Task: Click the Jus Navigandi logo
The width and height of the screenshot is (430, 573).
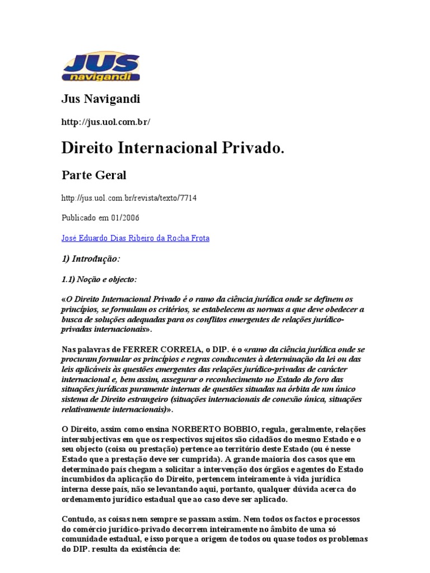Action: [x=101, y=67]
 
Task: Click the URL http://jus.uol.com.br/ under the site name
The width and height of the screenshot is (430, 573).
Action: [x=106, y=121]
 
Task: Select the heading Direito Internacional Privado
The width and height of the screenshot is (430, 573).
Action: [x=173, y=148]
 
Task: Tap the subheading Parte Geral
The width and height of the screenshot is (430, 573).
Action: [x=94, y=175]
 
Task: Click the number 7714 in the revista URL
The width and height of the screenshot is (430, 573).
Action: [x=188, y=198]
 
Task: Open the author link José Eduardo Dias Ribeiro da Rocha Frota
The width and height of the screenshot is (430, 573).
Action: [x=135, y=238]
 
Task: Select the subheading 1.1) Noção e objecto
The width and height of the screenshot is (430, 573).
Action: [x=99, y=279]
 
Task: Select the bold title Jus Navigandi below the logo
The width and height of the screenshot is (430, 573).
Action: [x=100, y=99]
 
